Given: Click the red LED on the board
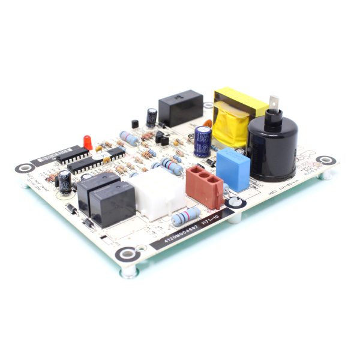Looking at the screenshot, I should coord(88,142).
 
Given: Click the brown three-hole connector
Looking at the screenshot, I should coord(205,187).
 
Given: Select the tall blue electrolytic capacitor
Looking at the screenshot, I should coord(202,141).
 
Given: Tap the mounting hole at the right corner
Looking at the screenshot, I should coord(326,160).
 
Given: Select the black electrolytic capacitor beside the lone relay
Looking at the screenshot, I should coord(152,117).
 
